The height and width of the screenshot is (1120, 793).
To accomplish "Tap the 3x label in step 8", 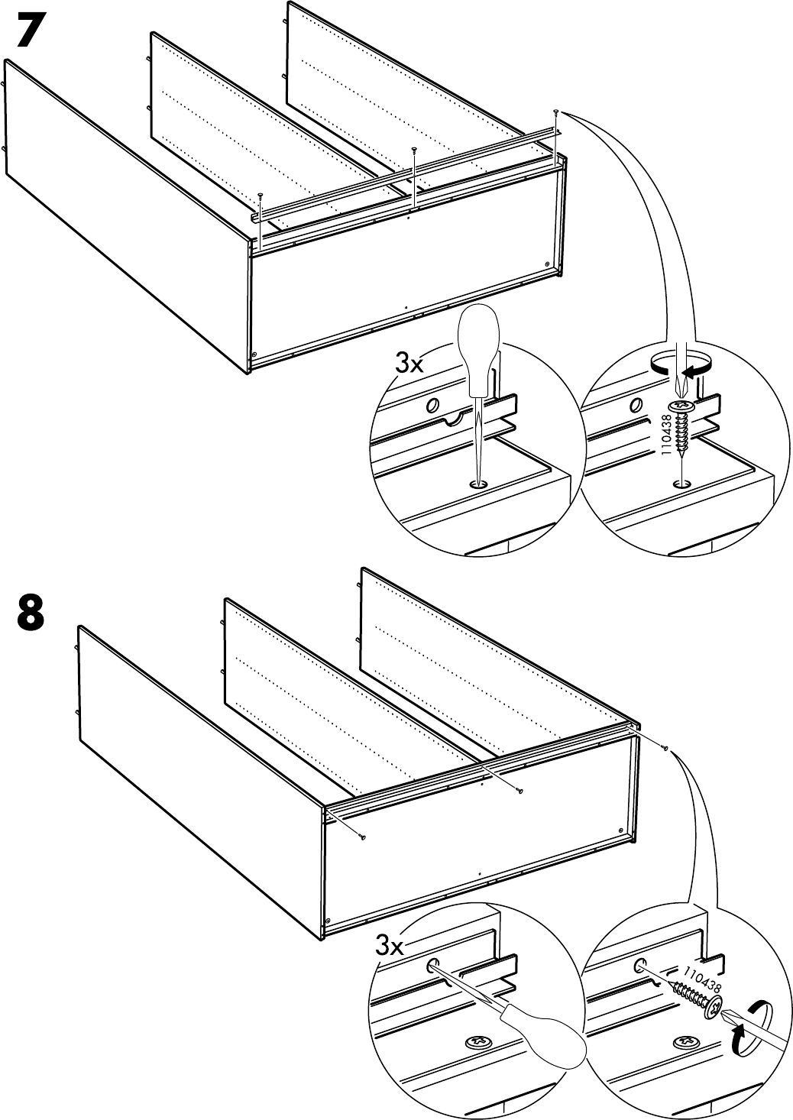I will point(390,948).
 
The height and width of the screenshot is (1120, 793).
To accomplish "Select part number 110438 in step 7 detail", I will point(665,433).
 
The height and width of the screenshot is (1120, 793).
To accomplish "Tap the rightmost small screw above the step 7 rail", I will point(555,112).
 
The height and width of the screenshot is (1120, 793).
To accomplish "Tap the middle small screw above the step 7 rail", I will point(413,150).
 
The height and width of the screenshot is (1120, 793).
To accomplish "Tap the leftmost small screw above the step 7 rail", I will point(261,195).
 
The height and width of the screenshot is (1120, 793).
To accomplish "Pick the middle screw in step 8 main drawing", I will point(520,791).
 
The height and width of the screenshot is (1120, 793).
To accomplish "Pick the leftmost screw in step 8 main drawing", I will point(363,837).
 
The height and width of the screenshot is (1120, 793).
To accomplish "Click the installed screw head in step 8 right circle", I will point(685,1041).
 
